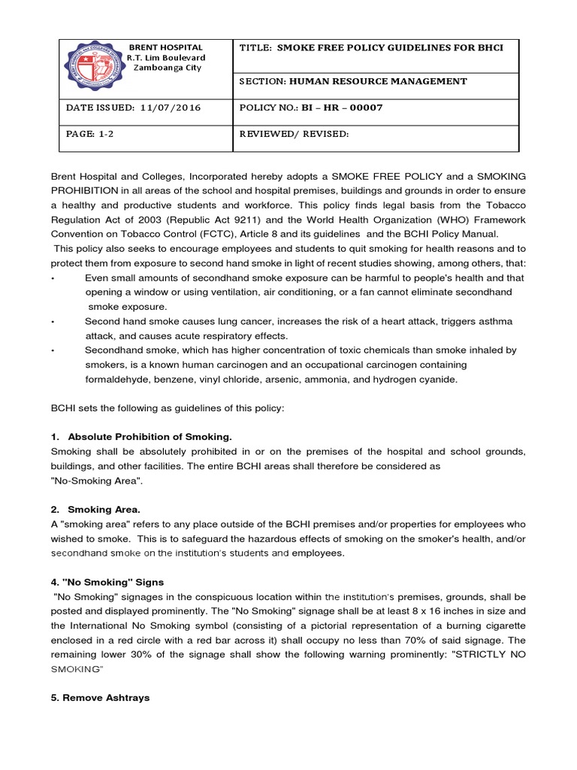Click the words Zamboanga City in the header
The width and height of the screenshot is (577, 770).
[168, 67]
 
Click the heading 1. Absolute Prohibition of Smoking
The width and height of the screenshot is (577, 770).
[142, 436]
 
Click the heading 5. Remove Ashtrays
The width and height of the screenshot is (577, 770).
[100, 697]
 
